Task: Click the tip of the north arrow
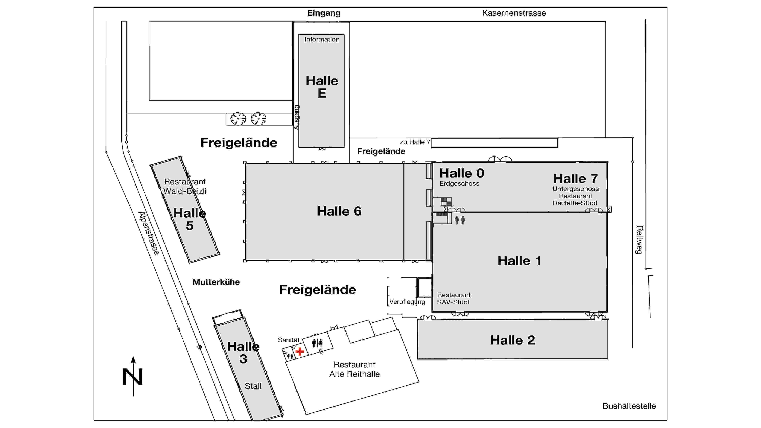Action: click(x=133, y=356)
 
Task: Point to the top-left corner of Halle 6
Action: click(x=245, y=164)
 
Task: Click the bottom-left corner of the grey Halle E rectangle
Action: click(x=299, y=147)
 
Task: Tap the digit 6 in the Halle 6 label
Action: click(x=357, y=211)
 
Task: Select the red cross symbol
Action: click(x=300, y=352)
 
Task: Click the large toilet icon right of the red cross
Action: click(x=317, y=343)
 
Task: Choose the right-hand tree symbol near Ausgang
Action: click(x=259, y=119)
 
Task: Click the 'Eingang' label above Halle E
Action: click(x=324, y=13)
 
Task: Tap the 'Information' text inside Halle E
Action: click(x=322, y=39)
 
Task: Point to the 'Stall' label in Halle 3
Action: click(x=253, y=386)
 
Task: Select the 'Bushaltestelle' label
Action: click(x=629, y=406)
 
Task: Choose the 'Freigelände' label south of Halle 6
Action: click(x=318, y=290)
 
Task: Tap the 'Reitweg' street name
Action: click(x=639, y=240)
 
